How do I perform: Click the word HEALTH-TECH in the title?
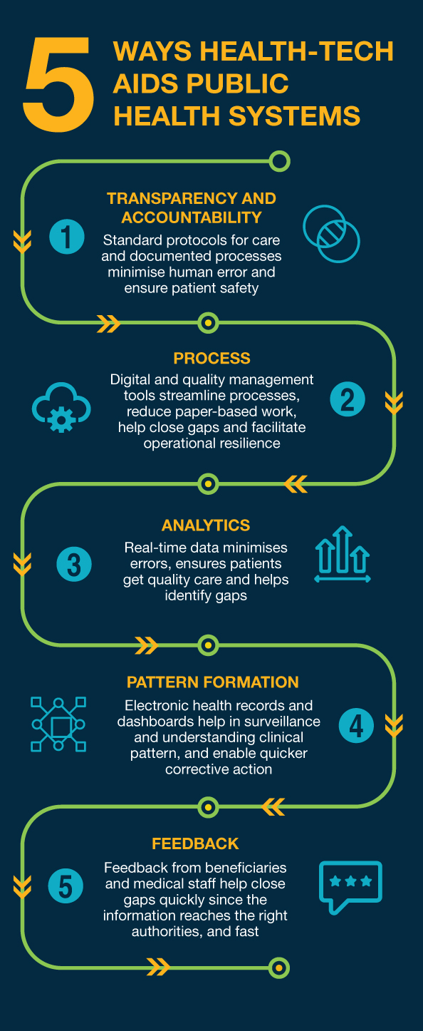(x=296, y=51)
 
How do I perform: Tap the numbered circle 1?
(x=67, y=237)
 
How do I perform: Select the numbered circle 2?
(x=348, y=399)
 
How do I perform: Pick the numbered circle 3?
(x=74, y=564)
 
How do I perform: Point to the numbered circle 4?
(x=356, y=725)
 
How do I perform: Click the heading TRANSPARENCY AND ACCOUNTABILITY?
(x=192, y=207)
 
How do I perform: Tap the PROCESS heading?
(x=212, y=358)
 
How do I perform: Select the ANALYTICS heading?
(x=206, y=525)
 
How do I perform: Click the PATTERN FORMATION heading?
(x=212, y=682)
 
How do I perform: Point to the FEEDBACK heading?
(x=195, y=843)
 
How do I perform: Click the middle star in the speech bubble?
(x=350, y=881)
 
